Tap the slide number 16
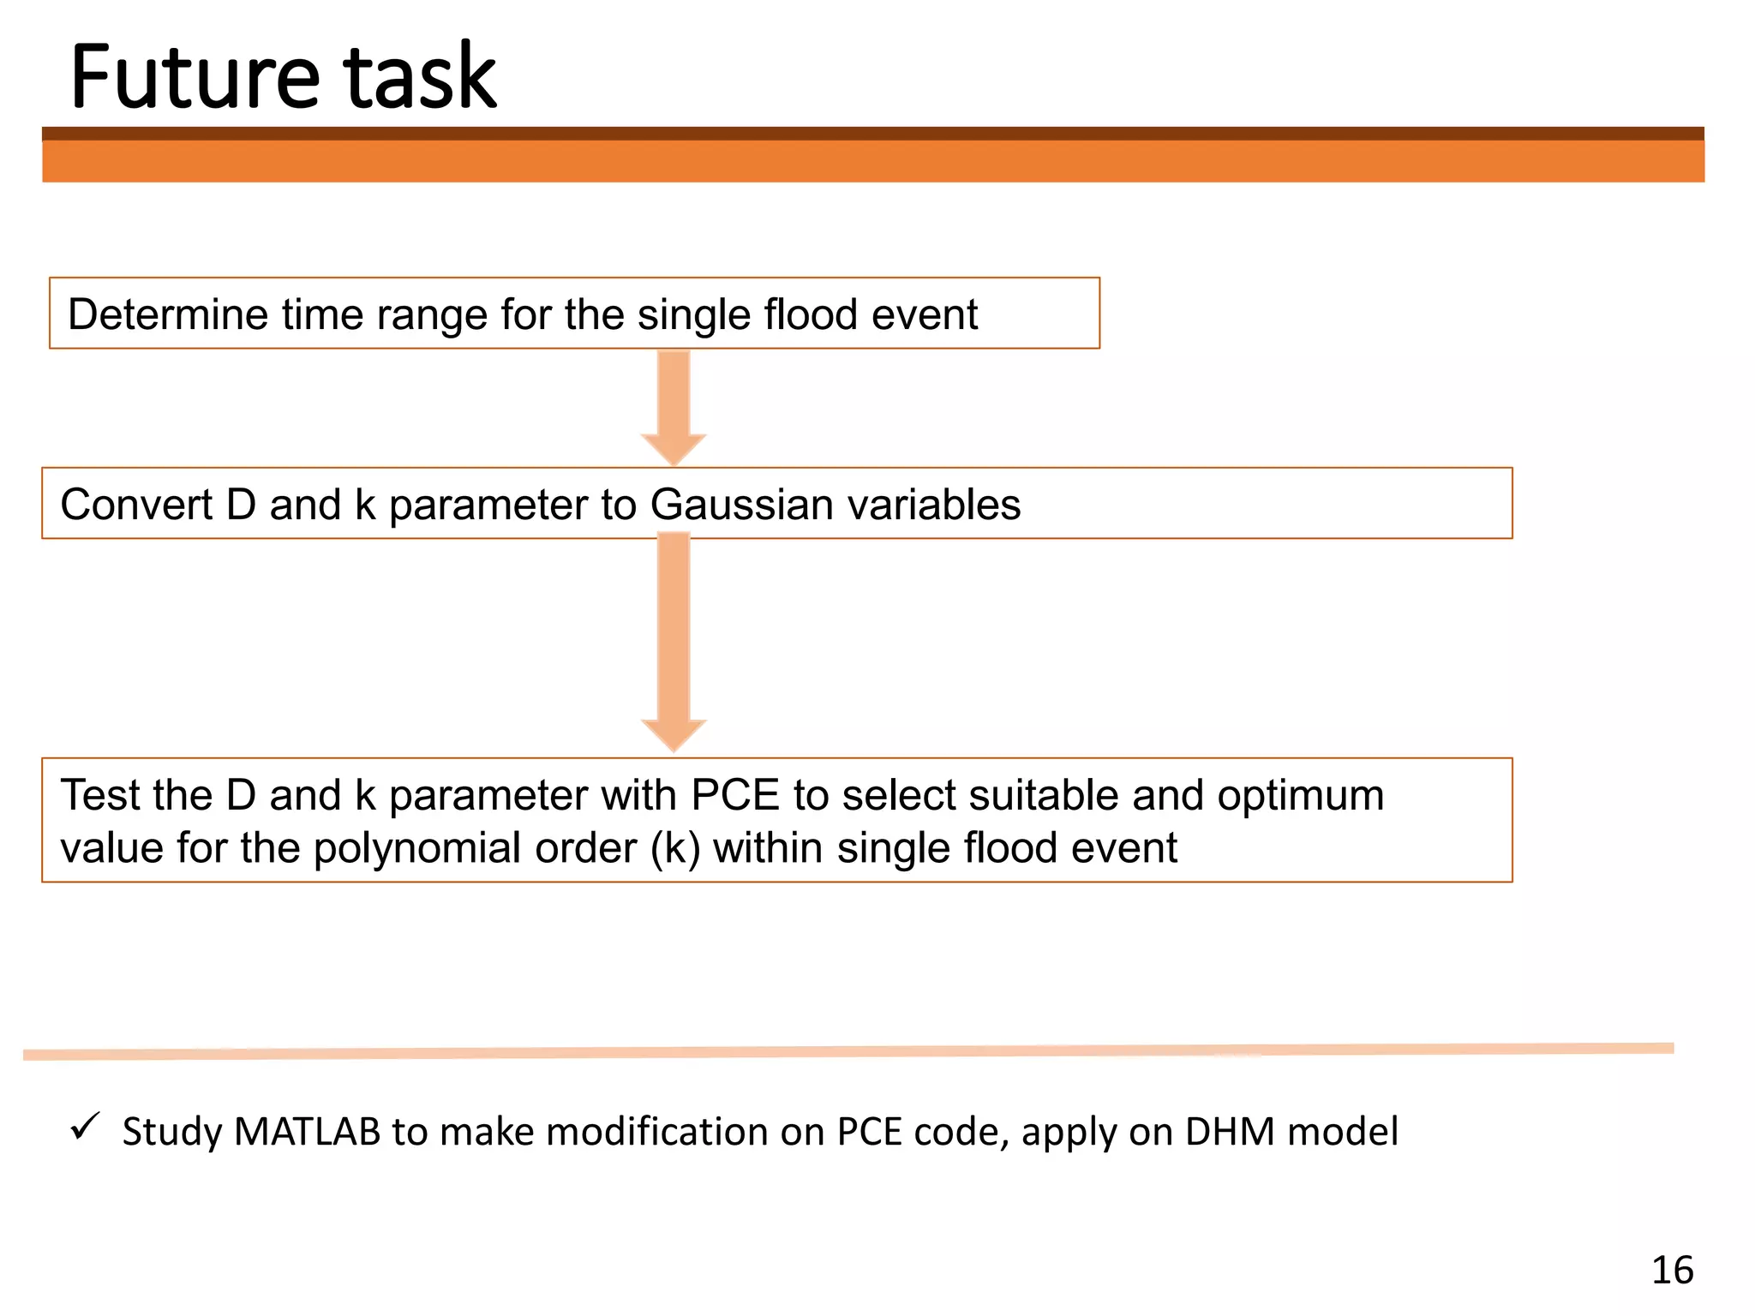pyautogui.click(x=1672, y=1270)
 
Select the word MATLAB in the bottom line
pyautogui.click(x=307, y=1132)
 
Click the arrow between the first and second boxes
pyautogui.click(x=674, y=408)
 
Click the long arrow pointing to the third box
pyautogui.click(x=674, y=643)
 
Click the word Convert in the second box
pyautogui.click(x=136, y=505)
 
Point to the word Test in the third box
pyautogui.click(x=99, y=795)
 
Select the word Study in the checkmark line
pyautogui.click(x=171, y=1132)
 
